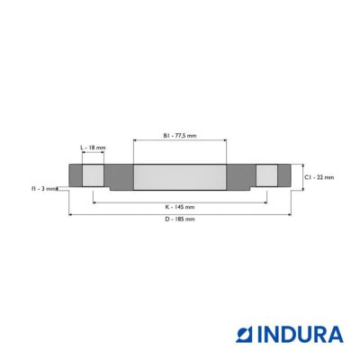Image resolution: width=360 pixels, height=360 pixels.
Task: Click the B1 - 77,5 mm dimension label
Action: coord(180,136)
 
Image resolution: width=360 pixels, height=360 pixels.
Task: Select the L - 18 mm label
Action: coord(93,148)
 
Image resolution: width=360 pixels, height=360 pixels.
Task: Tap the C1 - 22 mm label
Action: coord(319,177)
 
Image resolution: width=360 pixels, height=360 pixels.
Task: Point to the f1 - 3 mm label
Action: coord(44,189)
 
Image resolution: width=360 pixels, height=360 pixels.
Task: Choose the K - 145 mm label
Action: coord(180,207)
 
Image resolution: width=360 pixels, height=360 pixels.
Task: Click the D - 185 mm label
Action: coord(180,219)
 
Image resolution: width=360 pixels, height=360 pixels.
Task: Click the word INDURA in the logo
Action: coord(301,335)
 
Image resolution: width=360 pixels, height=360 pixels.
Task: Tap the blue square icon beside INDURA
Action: coord(246,335)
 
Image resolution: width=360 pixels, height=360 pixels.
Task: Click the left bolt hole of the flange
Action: coord(93,175)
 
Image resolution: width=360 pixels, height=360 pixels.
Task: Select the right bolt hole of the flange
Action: coord(266,175)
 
